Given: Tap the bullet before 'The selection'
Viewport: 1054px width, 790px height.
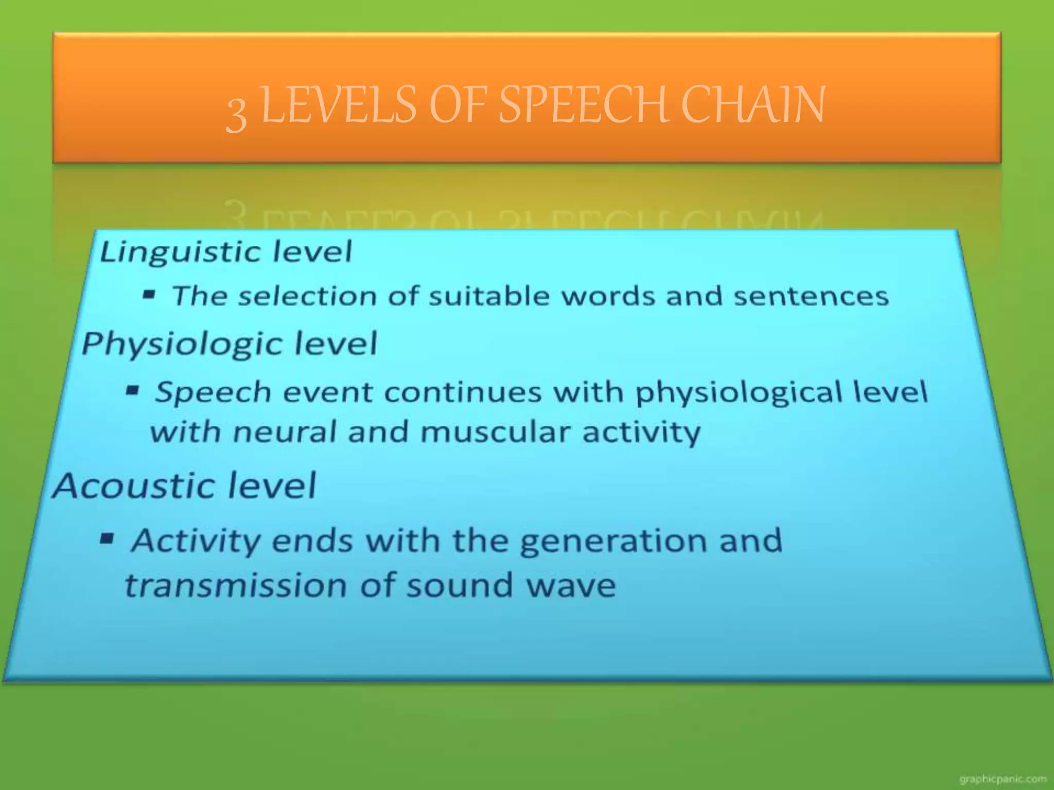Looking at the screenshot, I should coord(149,295).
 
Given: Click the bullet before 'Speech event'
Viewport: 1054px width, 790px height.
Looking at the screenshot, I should coord(133,390).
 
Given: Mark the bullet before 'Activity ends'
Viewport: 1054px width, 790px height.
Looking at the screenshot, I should coord(107,540).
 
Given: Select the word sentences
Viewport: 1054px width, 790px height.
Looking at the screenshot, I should coord(811,296).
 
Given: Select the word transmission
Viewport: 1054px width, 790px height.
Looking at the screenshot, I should coord(236,585).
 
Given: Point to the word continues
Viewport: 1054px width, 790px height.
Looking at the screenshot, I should coord(463,392).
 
